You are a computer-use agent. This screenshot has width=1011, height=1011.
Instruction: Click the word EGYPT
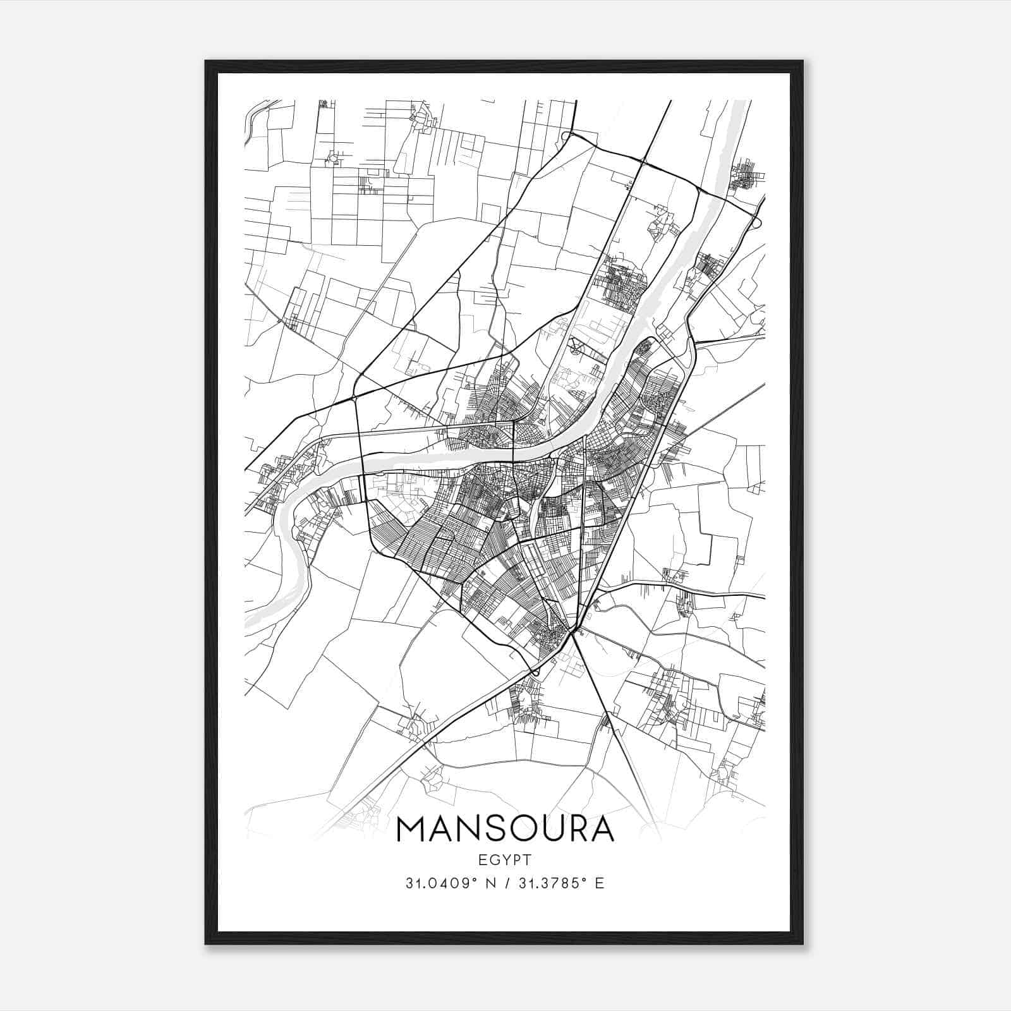pos(505,859)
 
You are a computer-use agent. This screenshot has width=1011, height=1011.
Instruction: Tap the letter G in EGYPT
pos(494,859)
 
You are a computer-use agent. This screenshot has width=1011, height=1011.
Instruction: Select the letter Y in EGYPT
pos(505,859)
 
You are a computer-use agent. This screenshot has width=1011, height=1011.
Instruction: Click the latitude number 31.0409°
pos(440,883)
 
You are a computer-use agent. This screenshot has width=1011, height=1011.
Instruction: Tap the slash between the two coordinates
pos(504,883)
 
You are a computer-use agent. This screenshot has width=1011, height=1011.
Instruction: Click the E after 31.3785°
pos(600,883)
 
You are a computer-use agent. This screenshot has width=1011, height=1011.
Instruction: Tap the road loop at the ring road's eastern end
pos(757,222)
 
